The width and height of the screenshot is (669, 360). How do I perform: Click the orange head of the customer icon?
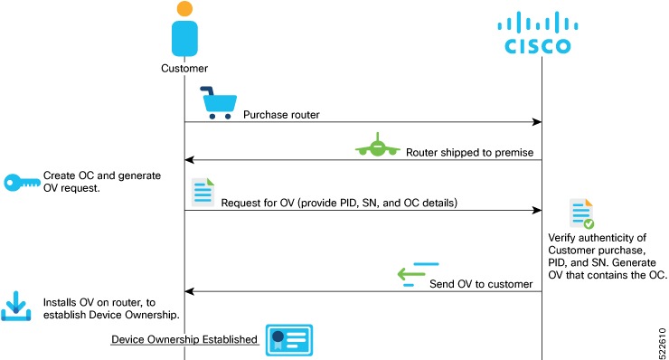click(184, 9)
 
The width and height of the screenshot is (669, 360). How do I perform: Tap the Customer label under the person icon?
click(184, 68)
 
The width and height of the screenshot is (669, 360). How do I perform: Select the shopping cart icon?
click(218, 101)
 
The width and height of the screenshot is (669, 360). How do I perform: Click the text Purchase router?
click(280, 115)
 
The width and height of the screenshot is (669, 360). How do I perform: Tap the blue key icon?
click(20, 181)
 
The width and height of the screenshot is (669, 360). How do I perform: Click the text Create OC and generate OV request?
click(101, 181)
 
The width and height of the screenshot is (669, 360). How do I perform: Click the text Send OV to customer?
click(480, 284)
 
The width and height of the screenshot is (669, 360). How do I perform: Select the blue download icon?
click(17, 308)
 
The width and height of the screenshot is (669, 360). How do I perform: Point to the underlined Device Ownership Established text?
click(184, 340)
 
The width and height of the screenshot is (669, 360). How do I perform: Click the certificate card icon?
click(288, 340)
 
